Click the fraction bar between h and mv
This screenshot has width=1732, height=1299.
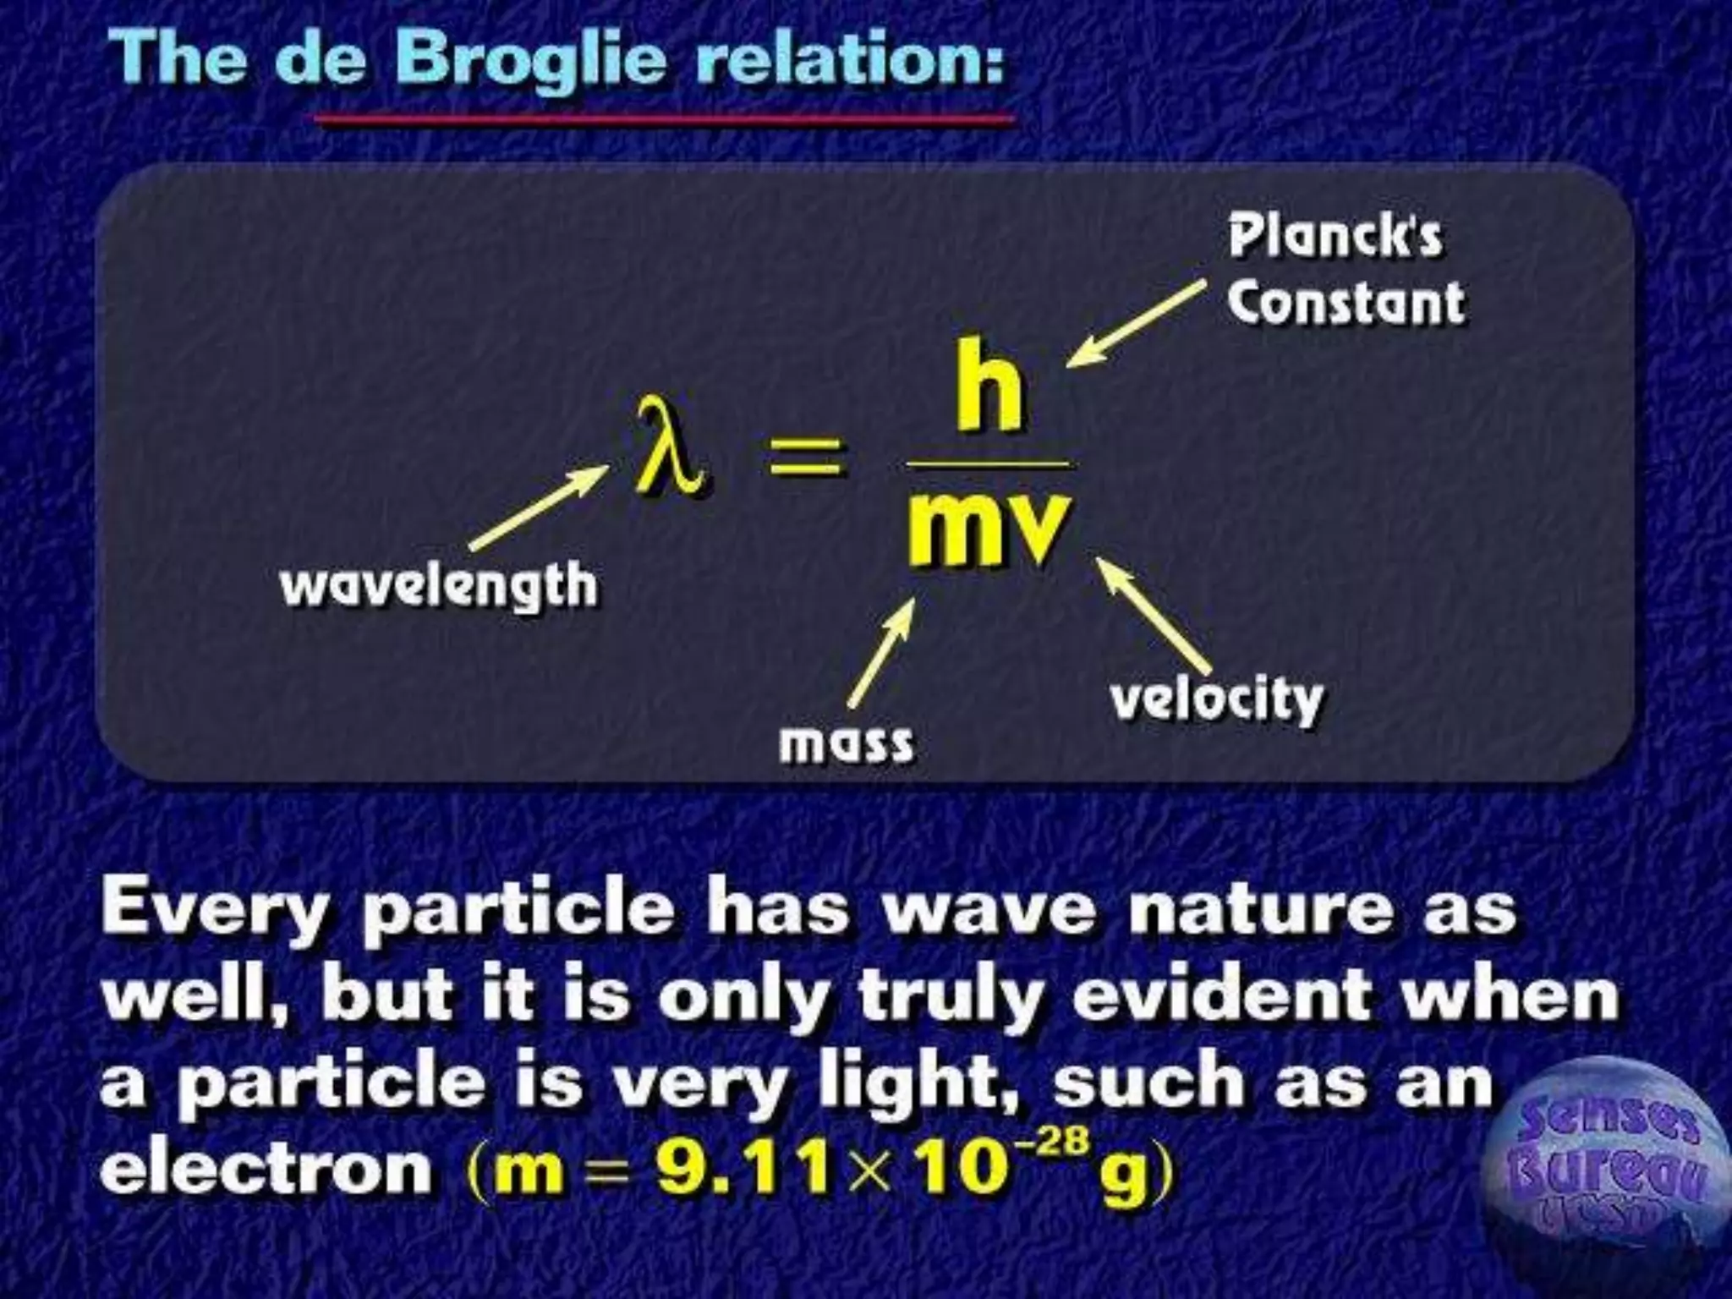pyautogui.click(x=988, y=464)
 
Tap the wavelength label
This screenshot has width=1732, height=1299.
pyautogui.click(x=438, y=585)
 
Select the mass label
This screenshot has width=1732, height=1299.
pyautogui.click(x=847, y=743)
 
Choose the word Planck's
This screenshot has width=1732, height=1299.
pyautogui.click(x=1335, y=236)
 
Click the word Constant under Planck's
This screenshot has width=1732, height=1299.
pyautogui.click(x=1346, y=303)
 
